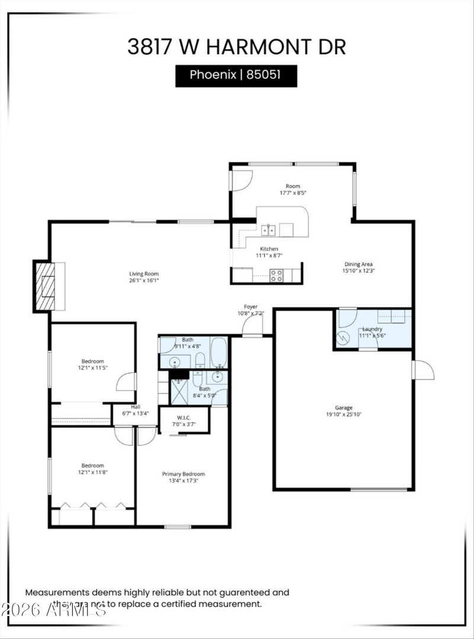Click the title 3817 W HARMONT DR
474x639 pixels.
236,46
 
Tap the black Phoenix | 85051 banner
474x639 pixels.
236,76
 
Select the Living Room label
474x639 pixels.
144,274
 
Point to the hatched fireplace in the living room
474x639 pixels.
46,286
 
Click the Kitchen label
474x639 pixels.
268,249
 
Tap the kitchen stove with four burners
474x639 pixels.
277,275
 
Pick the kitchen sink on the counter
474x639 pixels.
268,229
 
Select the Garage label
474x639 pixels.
344,408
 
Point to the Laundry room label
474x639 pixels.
372,329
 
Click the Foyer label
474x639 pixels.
251,306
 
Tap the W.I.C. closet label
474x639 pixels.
183,417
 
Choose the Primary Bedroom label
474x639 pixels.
184,474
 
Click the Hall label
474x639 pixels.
136,407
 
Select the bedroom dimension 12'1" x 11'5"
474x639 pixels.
93,368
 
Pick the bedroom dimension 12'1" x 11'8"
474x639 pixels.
93,472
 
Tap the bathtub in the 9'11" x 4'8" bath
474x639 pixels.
219,352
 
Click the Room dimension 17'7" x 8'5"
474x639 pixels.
293,193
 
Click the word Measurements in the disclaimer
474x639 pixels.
57,592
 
